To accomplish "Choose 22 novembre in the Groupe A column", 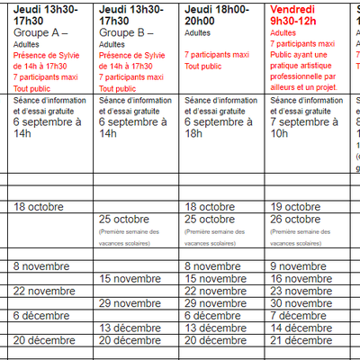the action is pyautogui.click(x=45, y=291).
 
